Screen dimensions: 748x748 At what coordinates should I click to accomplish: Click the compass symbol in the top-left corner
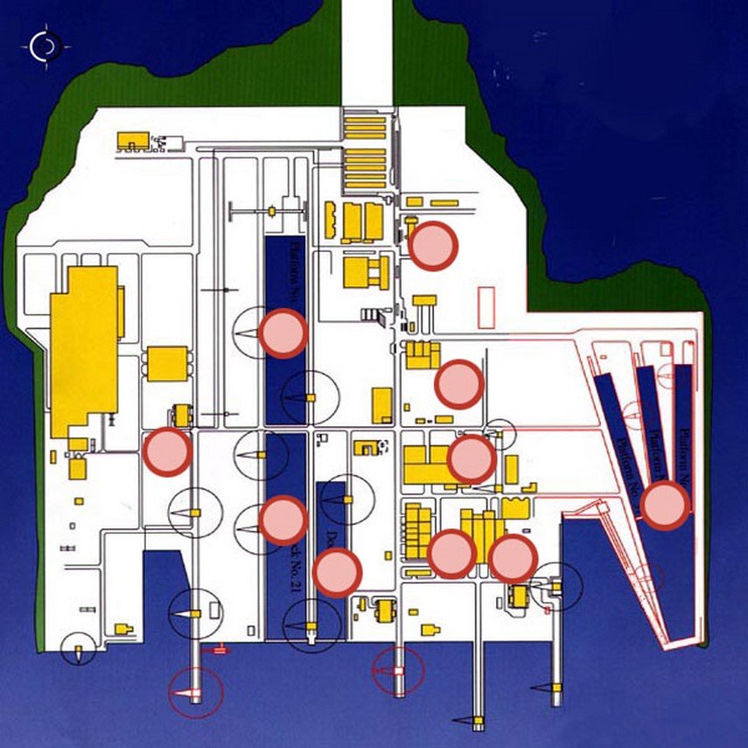[43, 46]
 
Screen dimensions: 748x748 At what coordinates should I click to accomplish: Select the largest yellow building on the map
[83, 350]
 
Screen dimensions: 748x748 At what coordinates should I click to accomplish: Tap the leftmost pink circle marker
[167, 451]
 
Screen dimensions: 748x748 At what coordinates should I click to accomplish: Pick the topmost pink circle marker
[434, 246]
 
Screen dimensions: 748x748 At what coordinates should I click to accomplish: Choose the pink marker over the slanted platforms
[666, 506]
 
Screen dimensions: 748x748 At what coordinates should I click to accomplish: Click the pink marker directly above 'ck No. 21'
[283, 520]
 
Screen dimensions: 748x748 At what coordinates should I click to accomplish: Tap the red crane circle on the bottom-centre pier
[398, 672]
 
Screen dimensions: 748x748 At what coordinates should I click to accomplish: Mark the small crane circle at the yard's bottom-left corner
[80, 649]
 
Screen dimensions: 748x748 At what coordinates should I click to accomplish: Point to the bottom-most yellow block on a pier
[479, 722]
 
